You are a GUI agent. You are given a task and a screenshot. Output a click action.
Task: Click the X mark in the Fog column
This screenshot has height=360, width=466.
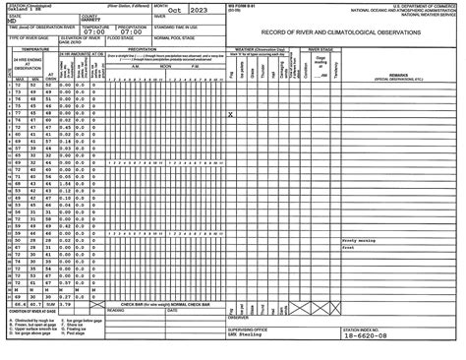pyautogui.click(x=230, y=114)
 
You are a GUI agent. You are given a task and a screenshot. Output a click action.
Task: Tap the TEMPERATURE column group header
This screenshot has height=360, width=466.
pyautogui.click(x=29, y=46)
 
